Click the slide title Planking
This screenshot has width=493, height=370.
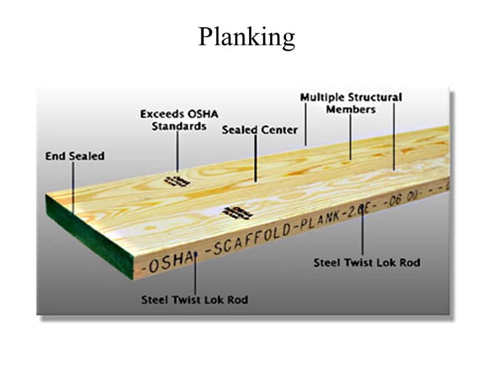246,38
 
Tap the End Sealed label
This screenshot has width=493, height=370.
75,156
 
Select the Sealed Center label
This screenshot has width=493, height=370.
259,130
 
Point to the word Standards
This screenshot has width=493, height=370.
179,126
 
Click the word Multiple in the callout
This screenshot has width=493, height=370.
322,97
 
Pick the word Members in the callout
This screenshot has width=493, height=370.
351,109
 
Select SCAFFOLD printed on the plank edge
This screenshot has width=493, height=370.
246,239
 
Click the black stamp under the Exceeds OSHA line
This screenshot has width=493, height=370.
177,181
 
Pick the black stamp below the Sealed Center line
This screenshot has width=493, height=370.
237,213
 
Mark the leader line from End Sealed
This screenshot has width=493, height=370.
73,185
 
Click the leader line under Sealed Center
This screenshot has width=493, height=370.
255,159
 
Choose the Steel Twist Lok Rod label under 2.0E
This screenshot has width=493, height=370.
367,263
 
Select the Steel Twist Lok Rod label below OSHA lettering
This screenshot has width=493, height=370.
195,300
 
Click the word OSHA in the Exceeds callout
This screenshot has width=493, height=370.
202,114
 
